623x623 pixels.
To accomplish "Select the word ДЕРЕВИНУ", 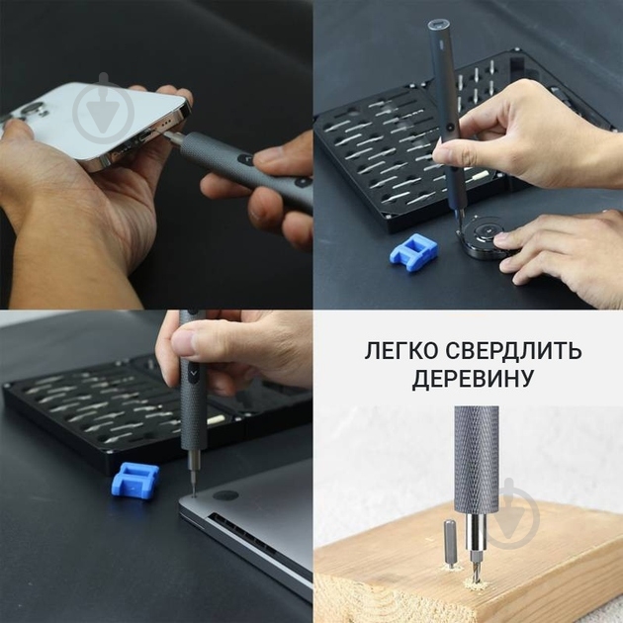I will (x=468, y=381).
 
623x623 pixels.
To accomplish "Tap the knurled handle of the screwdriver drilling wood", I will (x=477, y=456).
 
